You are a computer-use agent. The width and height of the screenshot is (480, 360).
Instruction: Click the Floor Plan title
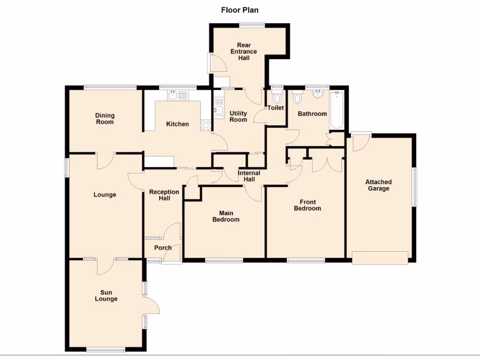click(240, 9)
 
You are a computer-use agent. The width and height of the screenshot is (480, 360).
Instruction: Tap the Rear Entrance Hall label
click(243, 52)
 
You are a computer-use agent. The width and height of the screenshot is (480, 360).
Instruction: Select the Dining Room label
click(105, 119)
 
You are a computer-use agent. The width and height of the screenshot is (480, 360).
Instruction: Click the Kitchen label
click(178, 124)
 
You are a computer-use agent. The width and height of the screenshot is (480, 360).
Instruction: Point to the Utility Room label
click(238, 117)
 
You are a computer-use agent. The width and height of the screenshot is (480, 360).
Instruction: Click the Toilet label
click(276, 108)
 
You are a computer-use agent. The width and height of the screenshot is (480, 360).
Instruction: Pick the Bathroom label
click(312, 113)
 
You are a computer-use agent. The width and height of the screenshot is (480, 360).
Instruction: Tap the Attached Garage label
click(378, 185)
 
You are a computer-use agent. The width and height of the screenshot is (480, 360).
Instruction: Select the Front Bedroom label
click(307, 205)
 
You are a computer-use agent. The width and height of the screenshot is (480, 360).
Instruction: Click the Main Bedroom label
click(226, 216)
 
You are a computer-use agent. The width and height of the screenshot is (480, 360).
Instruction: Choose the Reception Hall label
click(164, 195)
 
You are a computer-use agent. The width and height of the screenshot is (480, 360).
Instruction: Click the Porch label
click(163, 247)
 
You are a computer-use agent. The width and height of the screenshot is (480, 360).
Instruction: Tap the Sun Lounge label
click(106, 296)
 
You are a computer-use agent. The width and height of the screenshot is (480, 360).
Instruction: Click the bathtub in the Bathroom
click(337, 111)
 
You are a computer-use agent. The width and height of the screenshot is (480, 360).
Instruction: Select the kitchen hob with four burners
click(205, 125)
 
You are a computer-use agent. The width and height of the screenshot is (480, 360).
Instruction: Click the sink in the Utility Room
click(219, 110)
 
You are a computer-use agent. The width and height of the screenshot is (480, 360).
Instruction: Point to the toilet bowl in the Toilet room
click(277, 98)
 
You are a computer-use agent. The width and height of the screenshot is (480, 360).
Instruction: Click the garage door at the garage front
click(380, 258)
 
